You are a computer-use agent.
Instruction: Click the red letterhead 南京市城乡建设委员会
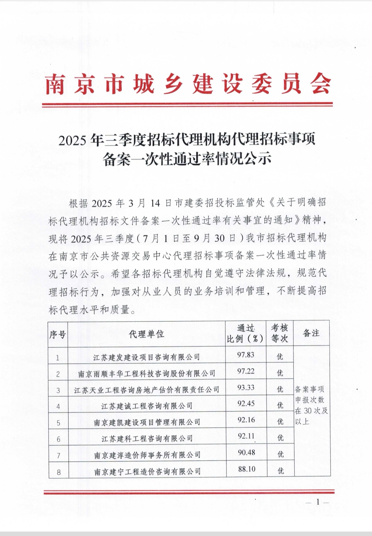(x=188, y=84)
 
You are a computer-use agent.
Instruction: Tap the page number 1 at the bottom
(x=318, y=502)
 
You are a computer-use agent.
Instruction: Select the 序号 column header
(x=58, y=334)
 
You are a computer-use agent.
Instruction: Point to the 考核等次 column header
(x=279, y=333)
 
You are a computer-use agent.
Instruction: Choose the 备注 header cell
(x=311, y=333)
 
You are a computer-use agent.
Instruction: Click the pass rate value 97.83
(x=246, y=355)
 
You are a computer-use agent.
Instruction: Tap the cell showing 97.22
(x=246, y=371)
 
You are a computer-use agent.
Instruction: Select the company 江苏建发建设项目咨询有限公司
(x=146, y=357)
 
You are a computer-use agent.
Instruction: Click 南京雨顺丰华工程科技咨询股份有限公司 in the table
(x=146, y=374)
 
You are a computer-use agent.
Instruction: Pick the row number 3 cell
(x=58, y=390)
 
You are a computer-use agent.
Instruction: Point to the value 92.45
(x=246, y=403)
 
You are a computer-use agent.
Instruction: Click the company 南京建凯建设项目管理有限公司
(x=147, y=422)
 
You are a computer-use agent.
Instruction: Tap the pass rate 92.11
(x=246, y=436)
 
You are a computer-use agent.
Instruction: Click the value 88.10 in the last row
(x=247, y=469)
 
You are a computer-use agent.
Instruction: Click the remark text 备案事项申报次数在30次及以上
(x=311, y=405)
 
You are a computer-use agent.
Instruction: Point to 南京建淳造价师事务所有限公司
(x=147, y=455)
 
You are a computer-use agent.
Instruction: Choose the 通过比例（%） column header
(x=245, y=334)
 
